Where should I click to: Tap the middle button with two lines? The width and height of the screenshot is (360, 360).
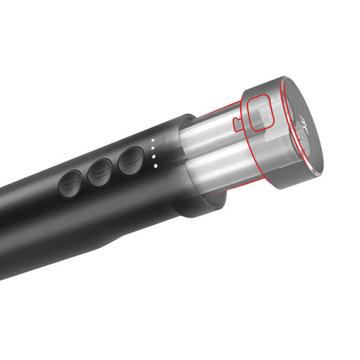coord(100,173)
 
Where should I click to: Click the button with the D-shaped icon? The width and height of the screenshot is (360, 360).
coord(70,184)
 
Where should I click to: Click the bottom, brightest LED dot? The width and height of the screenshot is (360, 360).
coord(156,165)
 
